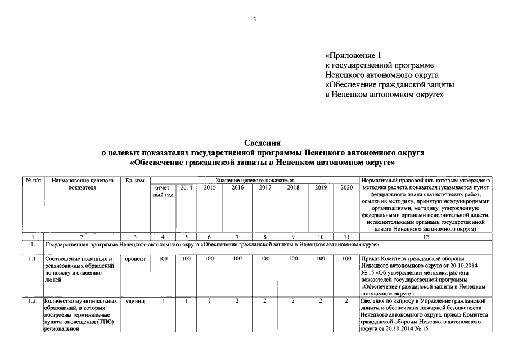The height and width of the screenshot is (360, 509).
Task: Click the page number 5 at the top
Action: (254, 20)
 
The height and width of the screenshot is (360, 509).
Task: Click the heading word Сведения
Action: (262, 143)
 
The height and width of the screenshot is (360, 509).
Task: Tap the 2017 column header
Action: (265, 187)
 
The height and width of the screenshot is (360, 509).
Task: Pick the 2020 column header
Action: (347, 187)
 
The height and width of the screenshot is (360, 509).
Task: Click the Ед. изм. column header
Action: (136, 181)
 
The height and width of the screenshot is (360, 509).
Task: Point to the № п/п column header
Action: (33, 181)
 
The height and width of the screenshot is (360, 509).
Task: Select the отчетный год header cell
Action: (163, 191)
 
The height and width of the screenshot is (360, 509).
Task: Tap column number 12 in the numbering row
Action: (426, 237)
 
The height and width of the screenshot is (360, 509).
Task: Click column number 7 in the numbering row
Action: (237, 237)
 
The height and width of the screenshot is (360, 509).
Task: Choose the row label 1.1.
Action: (33, 259)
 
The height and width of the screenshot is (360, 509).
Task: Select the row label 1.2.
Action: (33, 301)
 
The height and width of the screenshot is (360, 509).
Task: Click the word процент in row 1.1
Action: (136, 259)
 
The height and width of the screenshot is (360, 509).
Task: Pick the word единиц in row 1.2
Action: (136, 301)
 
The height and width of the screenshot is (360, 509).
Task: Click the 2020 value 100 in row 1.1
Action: (347, 259)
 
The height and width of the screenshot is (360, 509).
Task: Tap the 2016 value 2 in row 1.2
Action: (237, 301)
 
